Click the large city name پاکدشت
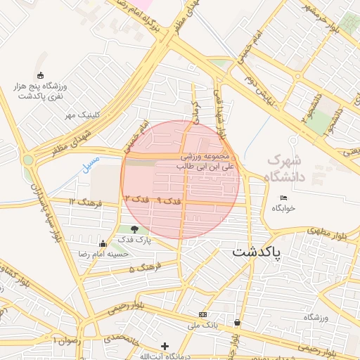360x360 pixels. (256, 251)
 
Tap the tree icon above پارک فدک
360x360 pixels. (134, 229)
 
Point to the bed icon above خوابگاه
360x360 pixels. (283, 198)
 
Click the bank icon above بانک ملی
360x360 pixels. (203, 314)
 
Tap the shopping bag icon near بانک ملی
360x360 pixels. (238, 323)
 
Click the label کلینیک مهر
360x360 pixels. (84, 114)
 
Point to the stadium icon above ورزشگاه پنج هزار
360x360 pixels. (39, 76)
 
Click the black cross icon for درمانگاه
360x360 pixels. (165, 346)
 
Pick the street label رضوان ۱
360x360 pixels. (67, 340)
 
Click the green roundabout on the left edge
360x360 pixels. (28, 160)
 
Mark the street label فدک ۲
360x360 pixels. (136, 200)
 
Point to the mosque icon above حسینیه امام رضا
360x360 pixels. (103, 243)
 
